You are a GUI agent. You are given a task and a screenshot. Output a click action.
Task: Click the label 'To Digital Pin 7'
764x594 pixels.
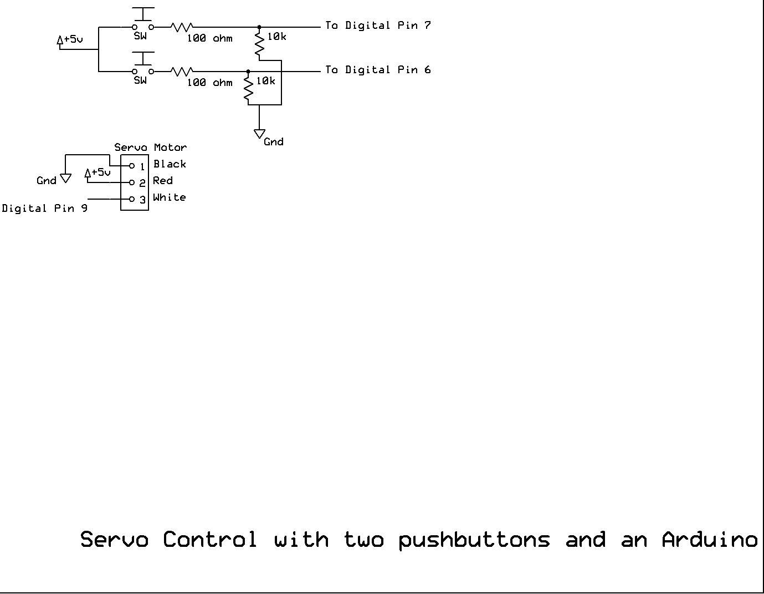point(378,26)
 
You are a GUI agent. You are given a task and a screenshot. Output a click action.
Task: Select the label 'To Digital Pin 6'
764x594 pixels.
point(378,70)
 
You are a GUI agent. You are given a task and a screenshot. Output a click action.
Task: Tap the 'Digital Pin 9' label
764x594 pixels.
point(44,209)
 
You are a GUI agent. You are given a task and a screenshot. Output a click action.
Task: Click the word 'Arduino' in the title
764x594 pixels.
point(709,539)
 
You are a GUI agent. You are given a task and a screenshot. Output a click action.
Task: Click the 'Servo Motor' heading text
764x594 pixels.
point(150,148)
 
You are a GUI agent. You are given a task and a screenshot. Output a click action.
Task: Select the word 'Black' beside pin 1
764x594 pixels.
point(170,164)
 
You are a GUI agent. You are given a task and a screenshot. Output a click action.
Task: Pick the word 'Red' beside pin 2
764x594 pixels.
point(163,181)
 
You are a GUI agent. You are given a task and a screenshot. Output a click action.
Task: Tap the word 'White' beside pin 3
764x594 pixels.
point(169,197)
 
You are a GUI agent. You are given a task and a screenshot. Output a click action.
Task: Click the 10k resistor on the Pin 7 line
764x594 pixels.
point(259,44)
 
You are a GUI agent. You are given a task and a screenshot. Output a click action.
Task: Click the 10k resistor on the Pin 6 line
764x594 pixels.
point(248,89)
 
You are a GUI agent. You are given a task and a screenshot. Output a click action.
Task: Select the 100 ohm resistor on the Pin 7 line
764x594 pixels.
point(181,27)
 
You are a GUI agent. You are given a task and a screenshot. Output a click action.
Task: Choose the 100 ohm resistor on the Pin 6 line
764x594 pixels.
point(181,71)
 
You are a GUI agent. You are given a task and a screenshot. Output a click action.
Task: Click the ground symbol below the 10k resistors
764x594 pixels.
point(259,134)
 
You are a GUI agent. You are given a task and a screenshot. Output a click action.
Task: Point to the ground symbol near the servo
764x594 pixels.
point(65,178)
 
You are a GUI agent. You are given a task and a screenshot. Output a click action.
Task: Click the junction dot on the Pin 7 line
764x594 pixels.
point(259,27)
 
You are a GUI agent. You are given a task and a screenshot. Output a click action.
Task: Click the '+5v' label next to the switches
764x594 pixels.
point(73,39)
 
